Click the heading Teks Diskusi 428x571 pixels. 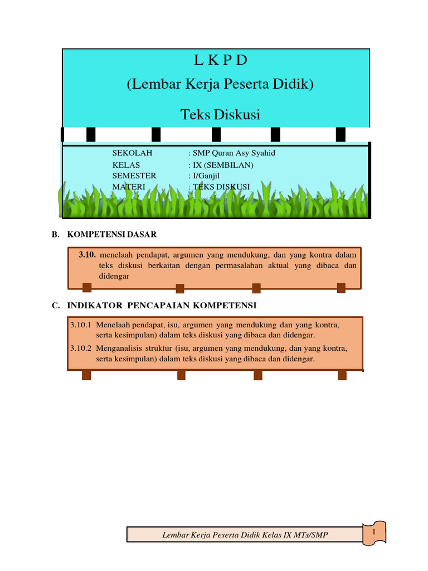[220, 115]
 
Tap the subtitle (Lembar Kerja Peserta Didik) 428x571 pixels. [220, 85]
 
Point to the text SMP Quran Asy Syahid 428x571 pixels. [234, 153]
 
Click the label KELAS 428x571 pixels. [126, 165]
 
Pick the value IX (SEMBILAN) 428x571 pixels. [223, 165]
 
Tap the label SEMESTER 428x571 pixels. [134, 176]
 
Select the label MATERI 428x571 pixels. [129, 186]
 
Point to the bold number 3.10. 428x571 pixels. [87, 255]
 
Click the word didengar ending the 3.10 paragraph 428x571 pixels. [115, 276]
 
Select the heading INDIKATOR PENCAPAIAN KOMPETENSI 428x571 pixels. [162, 305]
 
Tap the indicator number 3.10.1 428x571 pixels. [80, 324]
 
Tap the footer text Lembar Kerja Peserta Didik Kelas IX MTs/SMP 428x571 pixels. [245, 535]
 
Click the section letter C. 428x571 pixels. [55, 305]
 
